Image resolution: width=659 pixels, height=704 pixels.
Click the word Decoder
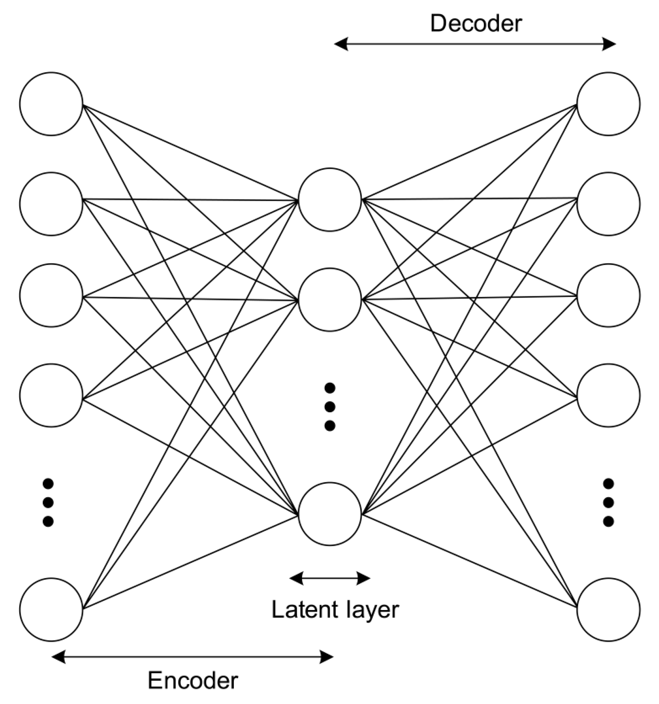pos(476,24)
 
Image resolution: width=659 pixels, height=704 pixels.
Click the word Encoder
pos(193,680)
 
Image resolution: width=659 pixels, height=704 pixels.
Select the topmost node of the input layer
pos(51,104)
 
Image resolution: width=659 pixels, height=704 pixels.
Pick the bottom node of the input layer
pos(51,609)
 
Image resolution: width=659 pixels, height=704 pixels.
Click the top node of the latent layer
pos(330,199)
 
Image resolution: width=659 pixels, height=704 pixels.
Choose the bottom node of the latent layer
pos(330,514)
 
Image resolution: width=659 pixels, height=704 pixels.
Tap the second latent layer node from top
pos(330,300)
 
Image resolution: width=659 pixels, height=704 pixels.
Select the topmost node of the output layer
pos(608,104)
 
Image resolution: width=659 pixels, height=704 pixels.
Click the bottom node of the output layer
pos(608,609)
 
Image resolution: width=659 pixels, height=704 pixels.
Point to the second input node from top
pos(51,204)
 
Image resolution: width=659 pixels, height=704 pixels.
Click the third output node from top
pos(608,295)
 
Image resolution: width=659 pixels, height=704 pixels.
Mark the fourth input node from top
pos(51,395)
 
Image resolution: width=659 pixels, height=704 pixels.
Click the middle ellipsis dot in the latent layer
pos(330,406)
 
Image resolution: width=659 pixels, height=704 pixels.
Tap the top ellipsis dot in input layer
pos(48,483)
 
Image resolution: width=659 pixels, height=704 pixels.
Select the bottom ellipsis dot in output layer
pos(608,521)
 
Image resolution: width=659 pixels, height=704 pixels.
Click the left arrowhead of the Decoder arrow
pos(341,44)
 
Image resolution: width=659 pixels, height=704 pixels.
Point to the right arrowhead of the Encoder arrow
pos(326,657)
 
